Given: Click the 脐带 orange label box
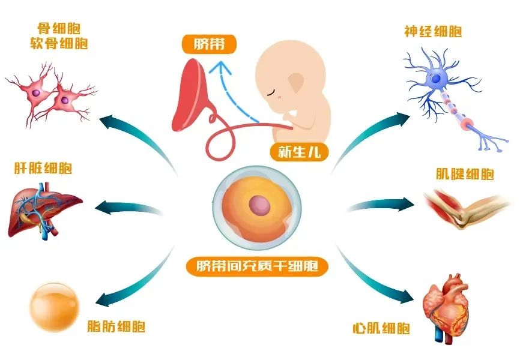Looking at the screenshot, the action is coord(209,44).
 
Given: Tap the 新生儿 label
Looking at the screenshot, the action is coord(299,152).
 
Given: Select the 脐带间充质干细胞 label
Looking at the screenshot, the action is coord(257,266).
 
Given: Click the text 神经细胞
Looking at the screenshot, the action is coord(433,31).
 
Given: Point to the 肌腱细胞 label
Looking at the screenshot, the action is coord(465,174).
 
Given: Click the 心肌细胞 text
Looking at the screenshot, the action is coord(381,328).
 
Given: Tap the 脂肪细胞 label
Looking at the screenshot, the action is coord(116,326).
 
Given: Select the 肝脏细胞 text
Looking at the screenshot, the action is coord(43,168).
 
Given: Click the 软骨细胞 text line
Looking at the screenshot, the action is coord(59,43).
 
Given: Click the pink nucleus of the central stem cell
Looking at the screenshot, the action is coord(259,205).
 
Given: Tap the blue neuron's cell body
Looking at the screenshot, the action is coord(435,79).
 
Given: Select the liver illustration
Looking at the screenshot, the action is coord(44,211).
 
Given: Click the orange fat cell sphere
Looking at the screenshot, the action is coord(55,307).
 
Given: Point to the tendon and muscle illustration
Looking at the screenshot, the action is coord(467,209).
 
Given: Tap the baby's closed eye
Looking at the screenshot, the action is coord(272,92).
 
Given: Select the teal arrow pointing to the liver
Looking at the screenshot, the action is coord(128,208).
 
